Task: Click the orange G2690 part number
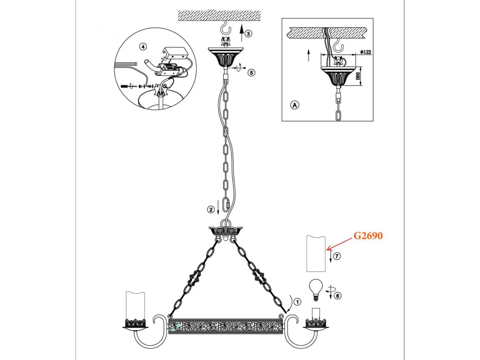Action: click(368, 236)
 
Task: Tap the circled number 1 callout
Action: click(297, 302)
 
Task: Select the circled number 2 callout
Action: click(211, 210)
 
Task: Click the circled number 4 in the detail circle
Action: click(143, 46)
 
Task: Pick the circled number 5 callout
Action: click(251, 72)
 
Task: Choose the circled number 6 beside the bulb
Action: click(338, 296)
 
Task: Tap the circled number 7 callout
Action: click(337, 256)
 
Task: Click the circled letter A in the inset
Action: click(294, 105)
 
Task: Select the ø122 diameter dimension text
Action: click(366, 52)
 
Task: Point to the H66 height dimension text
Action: click(358, 76)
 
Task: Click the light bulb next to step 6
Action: click(316, 290)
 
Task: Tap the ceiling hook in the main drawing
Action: click(225, 29)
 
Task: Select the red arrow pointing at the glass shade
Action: click(340, 243)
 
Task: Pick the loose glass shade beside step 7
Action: click(316, 254)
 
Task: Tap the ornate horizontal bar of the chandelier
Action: click(226, 326)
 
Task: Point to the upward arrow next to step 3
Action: click(242, 33)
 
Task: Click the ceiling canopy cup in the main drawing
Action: click(225, 57)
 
